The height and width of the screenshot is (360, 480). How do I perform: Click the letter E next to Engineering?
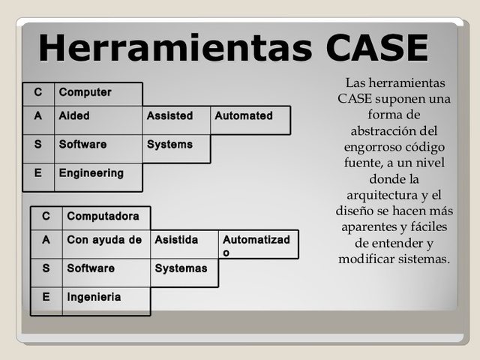[37, 173]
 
